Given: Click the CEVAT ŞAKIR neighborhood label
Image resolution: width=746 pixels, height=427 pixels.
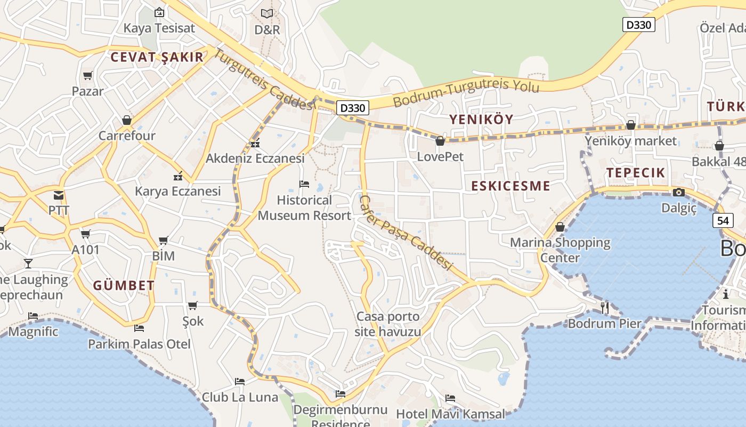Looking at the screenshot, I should point(157,58).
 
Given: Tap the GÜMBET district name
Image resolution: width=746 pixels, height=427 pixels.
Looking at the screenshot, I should point(124,286).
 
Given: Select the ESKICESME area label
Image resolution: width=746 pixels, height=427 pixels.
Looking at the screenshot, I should point(510,186).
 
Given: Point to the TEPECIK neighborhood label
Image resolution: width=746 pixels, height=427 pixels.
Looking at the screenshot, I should point(636,172).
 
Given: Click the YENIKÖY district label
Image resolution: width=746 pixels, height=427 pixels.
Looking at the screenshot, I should point(481,120).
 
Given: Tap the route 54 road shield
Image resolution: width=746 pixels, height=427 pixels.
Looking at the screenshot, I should point(723,220).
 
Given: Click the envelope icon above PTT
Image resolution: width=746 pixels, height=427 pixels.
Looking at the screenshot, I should point(59,195).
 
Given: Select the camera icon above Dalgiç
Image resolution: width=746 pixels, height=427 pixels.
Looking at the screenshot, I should point(679,192).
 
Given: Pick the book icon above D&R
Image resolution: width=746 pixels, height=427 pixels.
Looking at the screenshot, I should point(267,13).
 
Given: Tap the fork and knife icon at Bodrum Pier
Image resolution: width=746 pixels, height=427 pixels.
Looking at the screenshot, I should point(605,307).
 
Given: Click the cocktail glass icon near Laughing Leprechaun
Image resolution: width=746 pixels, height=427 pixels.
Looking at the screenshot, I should point(28,263).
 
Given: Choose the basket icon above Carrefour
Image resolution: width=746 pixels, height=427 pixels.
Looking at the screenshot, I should point(127,120).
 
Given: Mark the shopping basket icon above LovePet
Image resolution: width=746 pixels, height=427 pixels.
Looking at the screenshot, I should point(440,141).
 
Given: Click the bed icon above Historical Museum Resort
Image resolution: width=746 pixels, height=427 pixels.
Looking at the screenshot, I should point(304,184).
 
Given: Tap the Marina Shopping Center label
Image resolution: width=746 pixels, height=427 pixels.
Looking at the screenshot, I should point(560,250).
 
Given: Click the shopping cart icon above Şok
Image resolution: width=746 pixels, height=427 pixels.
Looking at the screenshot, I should point(193,305).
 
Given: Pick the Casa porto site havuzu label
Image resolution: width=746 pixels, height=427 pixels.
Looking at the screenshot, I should point(388,324).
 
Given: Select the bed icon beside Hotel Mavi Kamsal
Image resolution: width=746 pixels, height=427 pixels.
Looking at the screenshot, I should point(450,398).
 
